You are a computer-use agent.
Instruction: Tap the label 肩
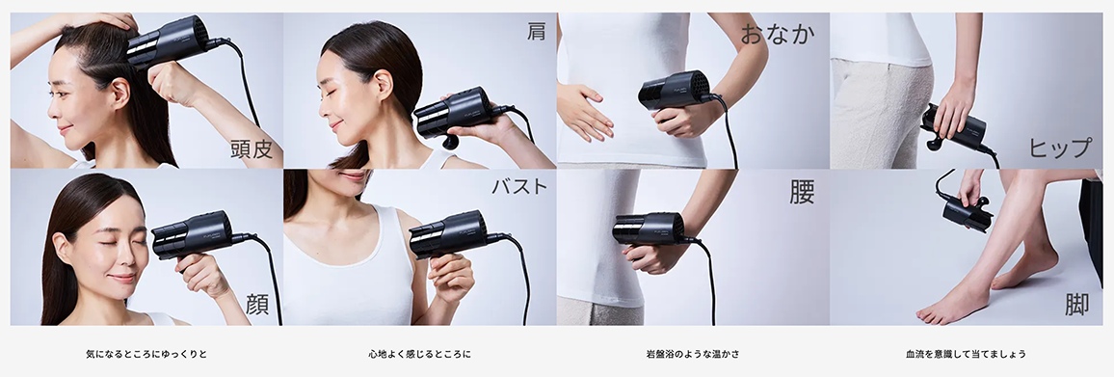tap(536, 31)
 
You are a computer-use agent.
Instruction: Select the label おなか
tap(778, 34)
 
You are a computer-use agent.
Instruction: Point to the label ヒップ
tap(1060, 148)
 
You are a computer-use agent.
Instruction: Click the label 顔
tap(257, 305)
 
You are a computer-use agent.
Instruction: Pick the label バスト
tap(519, 186)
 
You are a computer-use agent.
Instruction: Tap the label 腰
tap(802, 190)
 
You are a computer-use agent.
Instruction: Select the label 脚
tap(1076, 305)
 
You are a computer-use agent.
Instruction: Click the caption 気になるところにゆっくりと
tap(146, 354)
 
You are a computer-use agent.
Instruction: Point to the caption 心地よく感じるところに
tap(419, 354)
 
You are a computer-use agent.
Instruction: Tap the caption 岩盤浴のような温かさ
tap(693, 354)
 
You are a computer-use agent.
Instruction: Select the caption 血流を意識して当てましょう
tap(966, 354)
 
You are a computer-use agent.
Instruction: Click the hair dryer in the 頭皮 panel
tap(170, 41)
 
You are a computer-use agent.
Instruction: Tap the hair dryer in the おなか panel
tap(675, 91)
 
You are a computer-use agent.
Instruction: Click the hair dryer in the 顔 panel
tap(193, 233)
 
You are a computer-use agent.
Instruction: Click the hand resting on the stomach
tap(583, 110)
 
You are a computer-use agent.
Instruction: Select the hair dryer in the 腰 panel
tap(650, 229)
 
